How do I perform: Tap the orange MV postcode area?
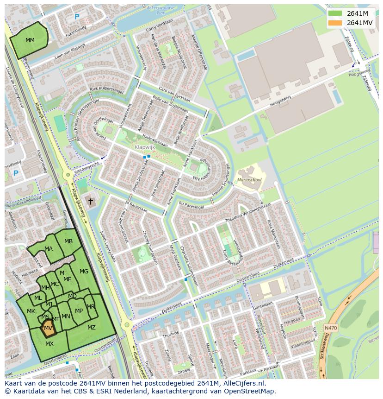[x=48, y=328]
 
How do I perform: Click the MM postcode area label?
[x=30, y=40]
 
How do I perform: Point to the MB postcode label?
[x=68, y=241]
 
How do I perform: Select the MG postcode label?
[x=84, y=272]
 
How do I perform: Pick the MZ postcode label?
[x=92, y=328]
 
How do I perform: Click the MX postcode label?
[x=49, y=344]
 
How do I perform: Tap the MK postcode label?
[x=31, y=311]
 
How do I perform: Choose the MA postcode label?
[x=49, y=249]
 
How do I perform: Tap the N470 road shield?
[x=330, y=328]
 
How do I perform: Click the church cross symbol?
[x=91, y=202]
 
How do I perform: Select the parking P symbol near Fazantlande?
[x=77, y=17]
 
